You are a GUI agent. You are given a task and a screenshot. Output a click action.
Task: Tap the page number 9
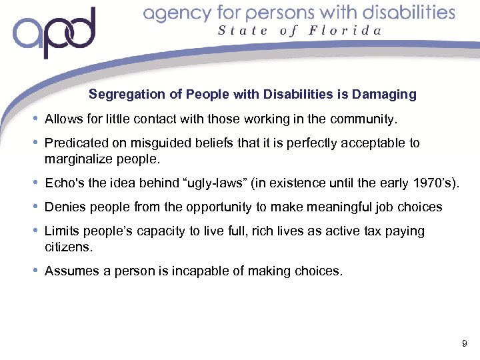point(464,344)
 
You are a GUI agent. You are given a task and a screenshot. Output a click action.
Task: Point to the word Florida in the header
point(346,31)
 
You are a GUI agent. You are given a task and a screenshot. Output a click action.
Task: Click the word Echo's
point(63,183)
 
